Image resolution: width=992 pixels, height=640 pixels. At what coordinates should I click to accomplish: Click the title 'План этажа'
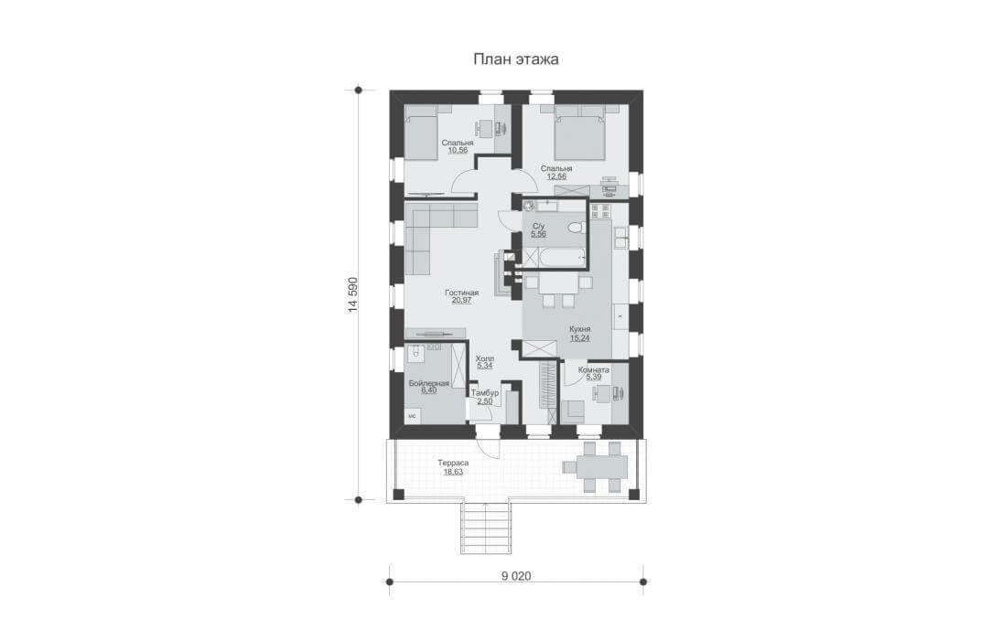(x=515, y=59)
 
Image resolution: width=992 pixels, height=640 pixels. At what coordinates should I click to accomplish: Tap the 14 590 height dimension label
(x=353, y=294)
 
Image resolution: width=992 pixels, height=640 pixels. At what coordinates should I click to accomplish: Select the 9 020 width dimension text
(x=516, y=576)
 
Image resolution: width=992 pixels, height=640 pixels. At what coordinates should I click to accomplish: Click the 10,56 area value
(x=458, y=150)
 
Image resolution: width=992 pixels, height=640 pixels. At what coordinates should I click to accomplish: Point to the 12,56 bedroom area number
(x=556, y=176)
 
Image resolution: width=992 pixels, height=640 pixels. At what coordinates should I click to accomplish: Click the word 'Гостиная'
(x=461, y=293)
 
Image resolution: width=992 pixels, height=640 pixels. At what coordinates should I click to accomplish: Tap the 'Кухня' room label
(x=579, y=330)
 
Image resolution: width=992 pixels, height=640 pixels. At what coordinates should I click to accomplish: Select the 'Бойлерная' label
(x=429, y=383)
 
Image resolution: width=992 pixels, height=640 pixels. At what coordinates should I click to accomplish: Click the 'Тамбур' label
(x=485, y=392)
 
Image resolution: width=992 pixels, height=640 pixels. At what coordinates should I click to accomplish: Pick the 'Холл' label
(x=485, y=358)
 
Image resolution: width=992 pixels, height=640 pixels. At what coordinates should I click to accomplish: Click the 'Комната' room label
(x=593, y=369)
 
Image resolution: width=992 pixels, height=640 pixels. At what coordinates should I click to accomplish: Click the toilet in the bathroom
(x=575, y=228)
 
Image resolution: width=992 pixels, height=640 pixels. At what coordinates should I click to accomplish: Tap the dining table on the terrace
(x=596, y=467)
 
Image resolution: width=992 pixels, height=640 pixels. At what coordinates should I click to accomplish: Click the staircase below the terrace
(x=485, y=528)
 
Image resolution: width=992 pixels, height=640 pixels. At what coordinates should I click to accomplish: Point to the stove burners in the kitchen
(x=599, y=211)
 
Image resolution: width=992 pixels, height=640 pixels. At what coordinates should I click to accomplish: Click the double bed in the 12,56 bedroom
(x=581, y=133)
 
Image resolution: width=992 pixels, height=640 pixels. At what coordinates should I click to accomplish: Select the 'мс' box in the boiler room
(x=413, y=416)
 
